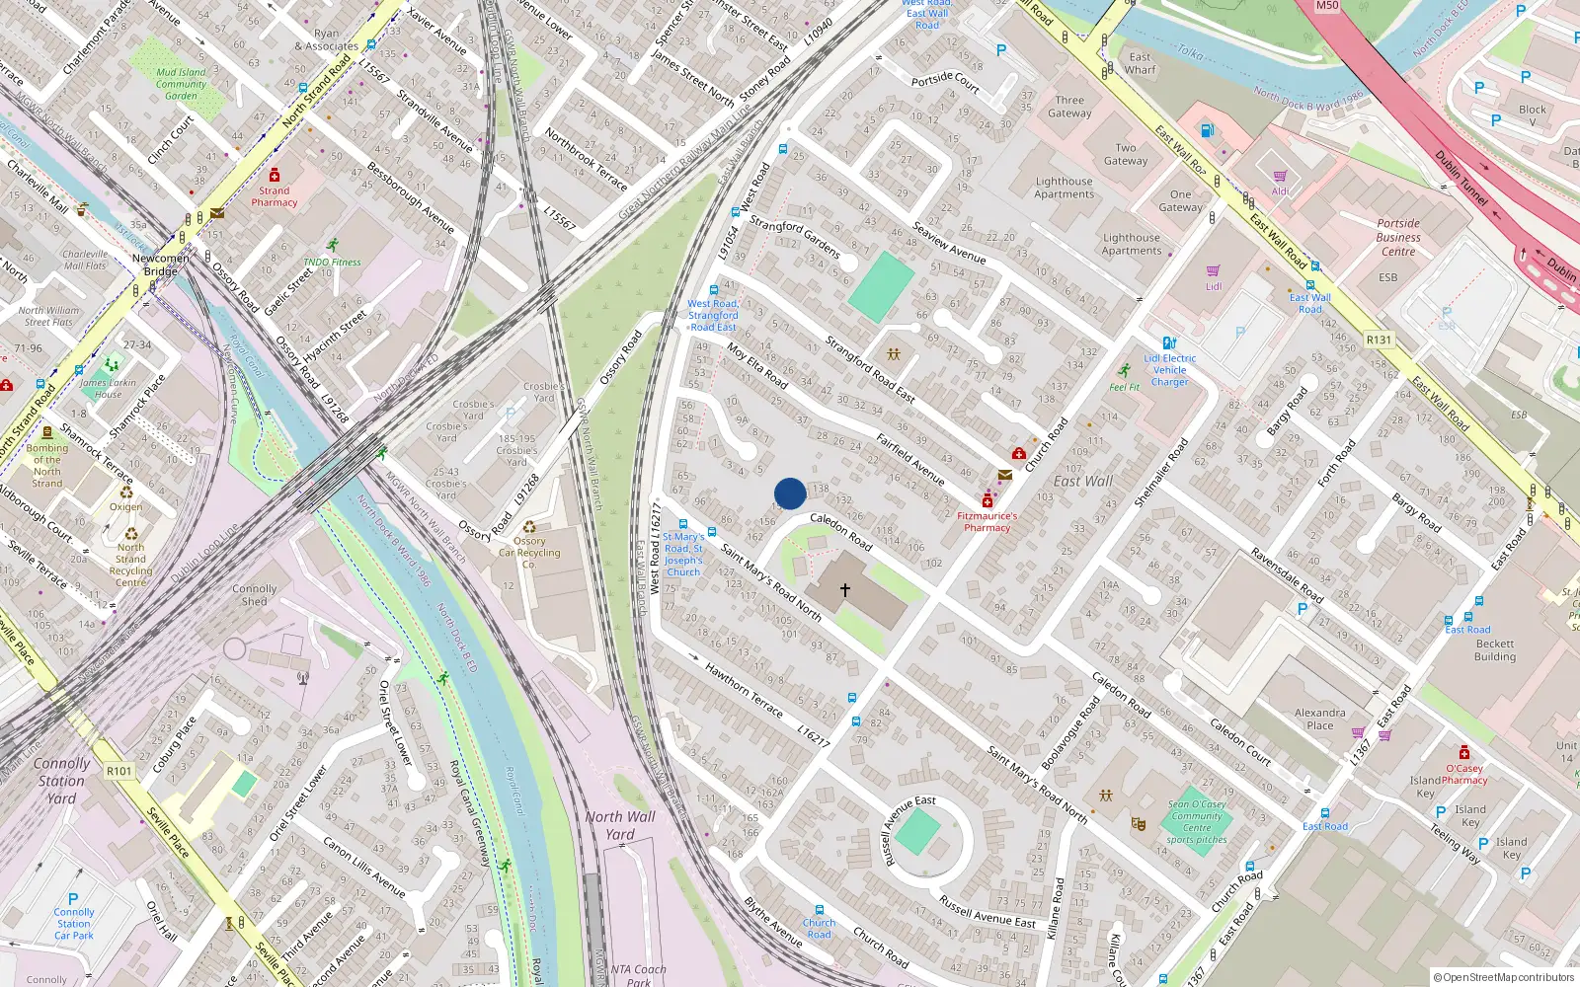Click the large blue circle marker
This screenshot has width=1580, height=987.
tap(790, 493)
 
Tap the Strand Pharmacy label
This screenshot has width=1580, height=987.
tap(275, 196)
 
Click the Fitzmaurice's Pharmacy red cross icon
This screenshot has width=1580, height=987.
tap(987, 501)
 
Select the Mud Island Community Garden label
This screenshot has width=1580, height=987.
tap(182, 84)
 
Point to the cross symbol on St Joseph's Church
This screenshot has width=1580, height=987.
tap(845, 590)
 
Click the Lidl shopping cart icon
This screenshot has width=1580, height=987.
tap(1214, 270)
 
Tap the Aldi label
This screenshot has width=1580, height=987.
tap(1281, 191)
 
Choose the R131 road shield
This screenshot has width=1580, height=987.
tap(1379, 340)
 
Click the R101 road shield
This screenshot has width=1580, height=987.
tap(119, 771)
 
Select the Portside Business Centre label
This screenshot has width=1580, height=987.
tap(1398, 237)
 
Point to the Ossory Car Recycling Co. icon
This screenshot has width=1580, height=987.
tap(529, 527)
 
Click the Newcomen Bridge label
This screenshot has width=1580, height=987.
tap(161, 265)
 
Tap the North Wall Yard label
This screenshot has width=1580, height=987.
tap(619, 825)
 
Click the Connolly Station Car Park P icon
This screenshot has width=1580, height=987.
tap(73, 899)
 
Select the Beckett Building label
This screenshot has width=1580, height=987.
tap(1495, 649)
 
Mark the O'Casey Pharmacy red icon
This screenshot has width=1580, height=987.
tap(1464, 753)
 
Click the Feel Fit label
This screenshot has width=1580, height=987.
tap(1125, 387)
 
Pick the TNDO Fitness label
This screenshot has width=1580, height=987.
tap(333, 262)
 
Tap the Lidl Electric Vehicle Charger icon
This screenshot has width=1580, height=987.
tap(1169, 343)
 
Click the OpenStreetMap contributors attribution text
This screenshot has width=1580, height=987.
tap(1503, 977)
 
